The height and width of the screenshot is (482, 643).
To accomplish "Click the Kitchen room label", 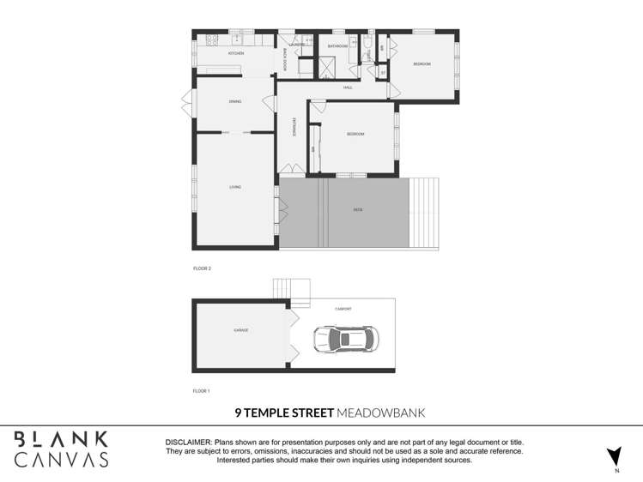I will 235,53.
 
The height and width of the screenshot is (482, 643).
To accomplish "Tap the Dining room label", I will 234,102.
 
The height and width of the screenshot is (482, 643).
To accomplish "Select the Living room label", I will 234,187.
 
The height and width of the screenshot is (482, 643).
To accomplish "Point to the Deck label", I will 357,209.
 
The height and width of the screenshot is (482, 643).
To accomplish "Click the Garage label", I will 240,330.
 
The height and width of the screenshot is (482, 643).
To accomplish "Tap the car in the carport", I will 344,340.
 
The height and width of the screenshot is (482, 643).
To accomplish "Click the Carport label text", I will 343,308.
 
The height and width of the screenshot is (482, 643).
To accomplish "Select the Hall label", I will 348,87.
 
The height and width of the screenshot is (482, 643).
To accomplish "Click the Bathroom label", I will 337,46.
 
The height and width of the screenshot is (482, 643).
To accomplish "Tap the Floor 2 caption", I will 202,268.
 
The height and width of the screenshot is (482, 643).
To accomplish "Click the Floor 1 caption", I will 202,390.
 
